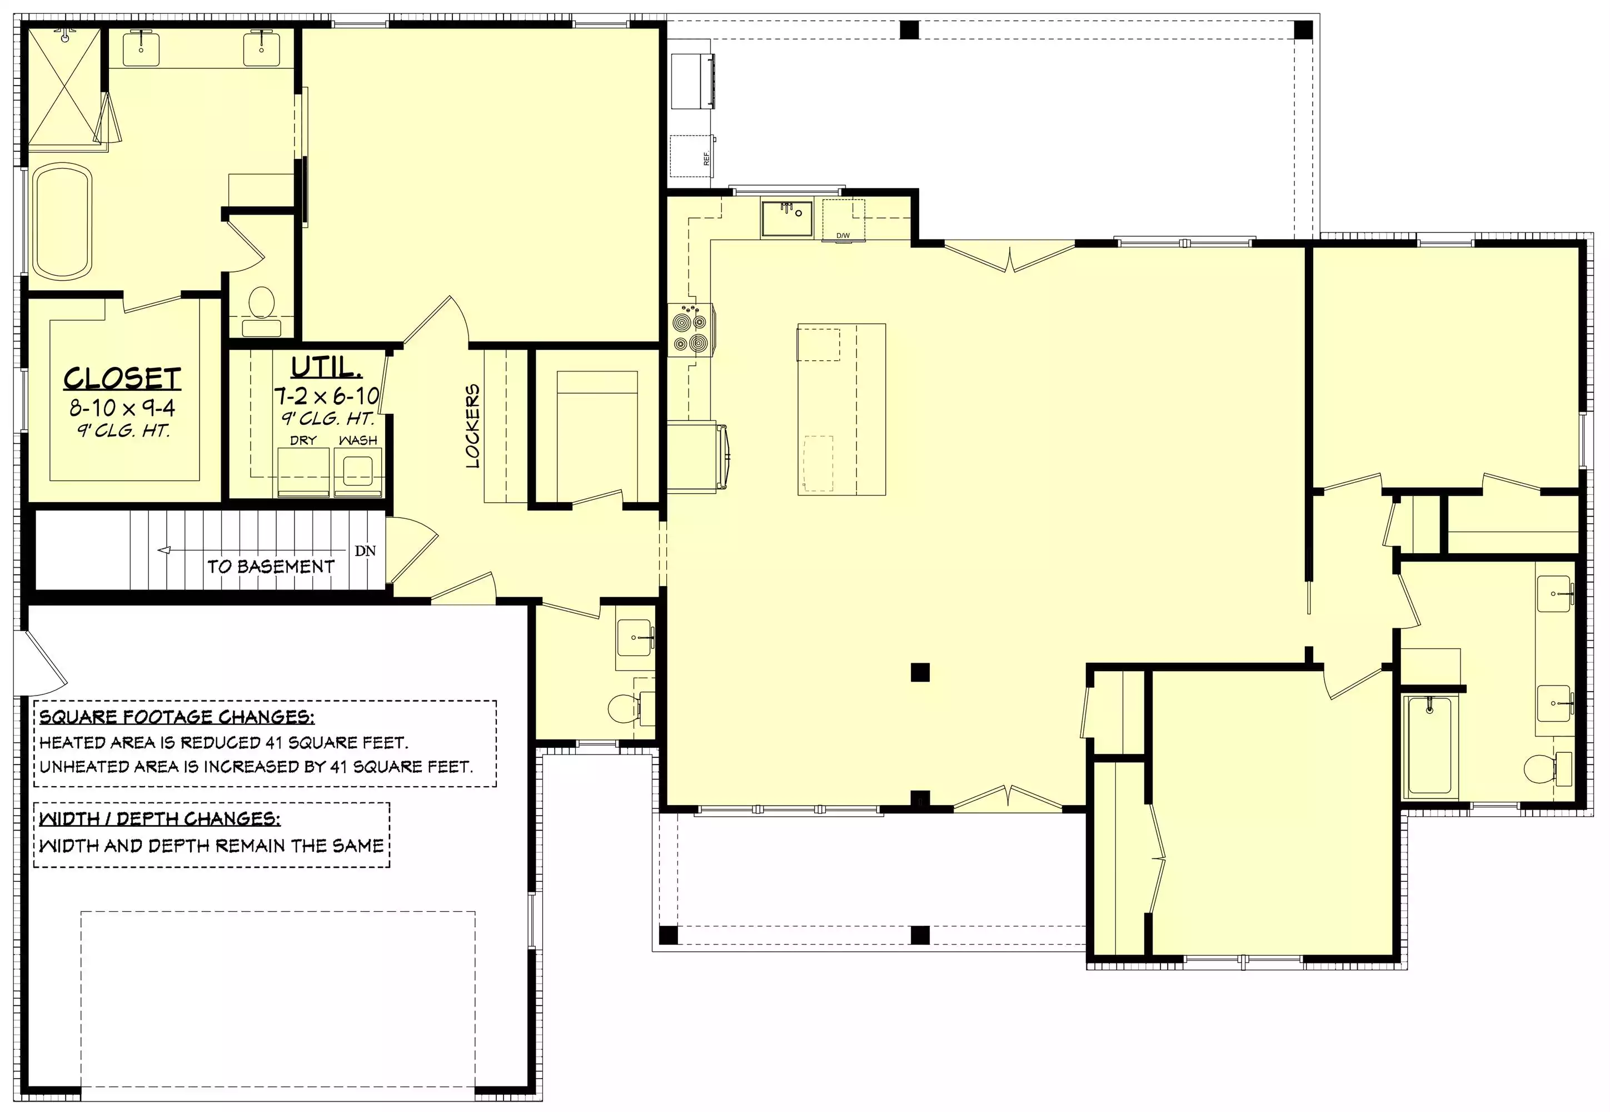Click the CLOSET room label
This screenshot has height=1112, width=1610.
[123, 378]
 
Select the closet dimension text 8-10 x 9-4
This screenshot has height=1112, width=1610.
[123, 408]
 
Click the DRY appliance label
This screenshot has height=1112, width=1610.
[303, 440]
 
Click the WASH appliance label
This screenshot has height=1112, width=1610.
[358, 440]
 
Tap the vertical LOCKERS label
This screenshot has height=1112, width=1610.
[473, 426]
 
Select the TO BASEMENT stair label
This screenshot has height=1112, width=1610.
[271, 567]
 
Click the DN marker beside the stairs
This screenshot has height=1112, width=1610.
[365, 550]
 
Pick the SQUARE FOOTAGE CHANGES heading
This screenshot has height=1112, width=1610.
[177, 717]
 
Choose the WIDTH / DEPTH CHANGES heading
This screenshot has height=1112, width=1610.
[160, 818]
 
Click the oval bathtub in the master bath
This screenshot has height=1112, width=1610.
[63, 221]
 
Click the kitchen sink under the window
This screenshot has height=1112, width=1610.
[787, 219]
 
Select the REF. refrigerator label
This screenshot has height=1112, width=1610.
[707, 158]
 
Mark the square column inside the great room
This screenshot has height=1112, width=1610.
[920, 672]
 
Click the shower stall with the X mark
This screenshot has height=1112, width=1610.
[64, 88]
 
